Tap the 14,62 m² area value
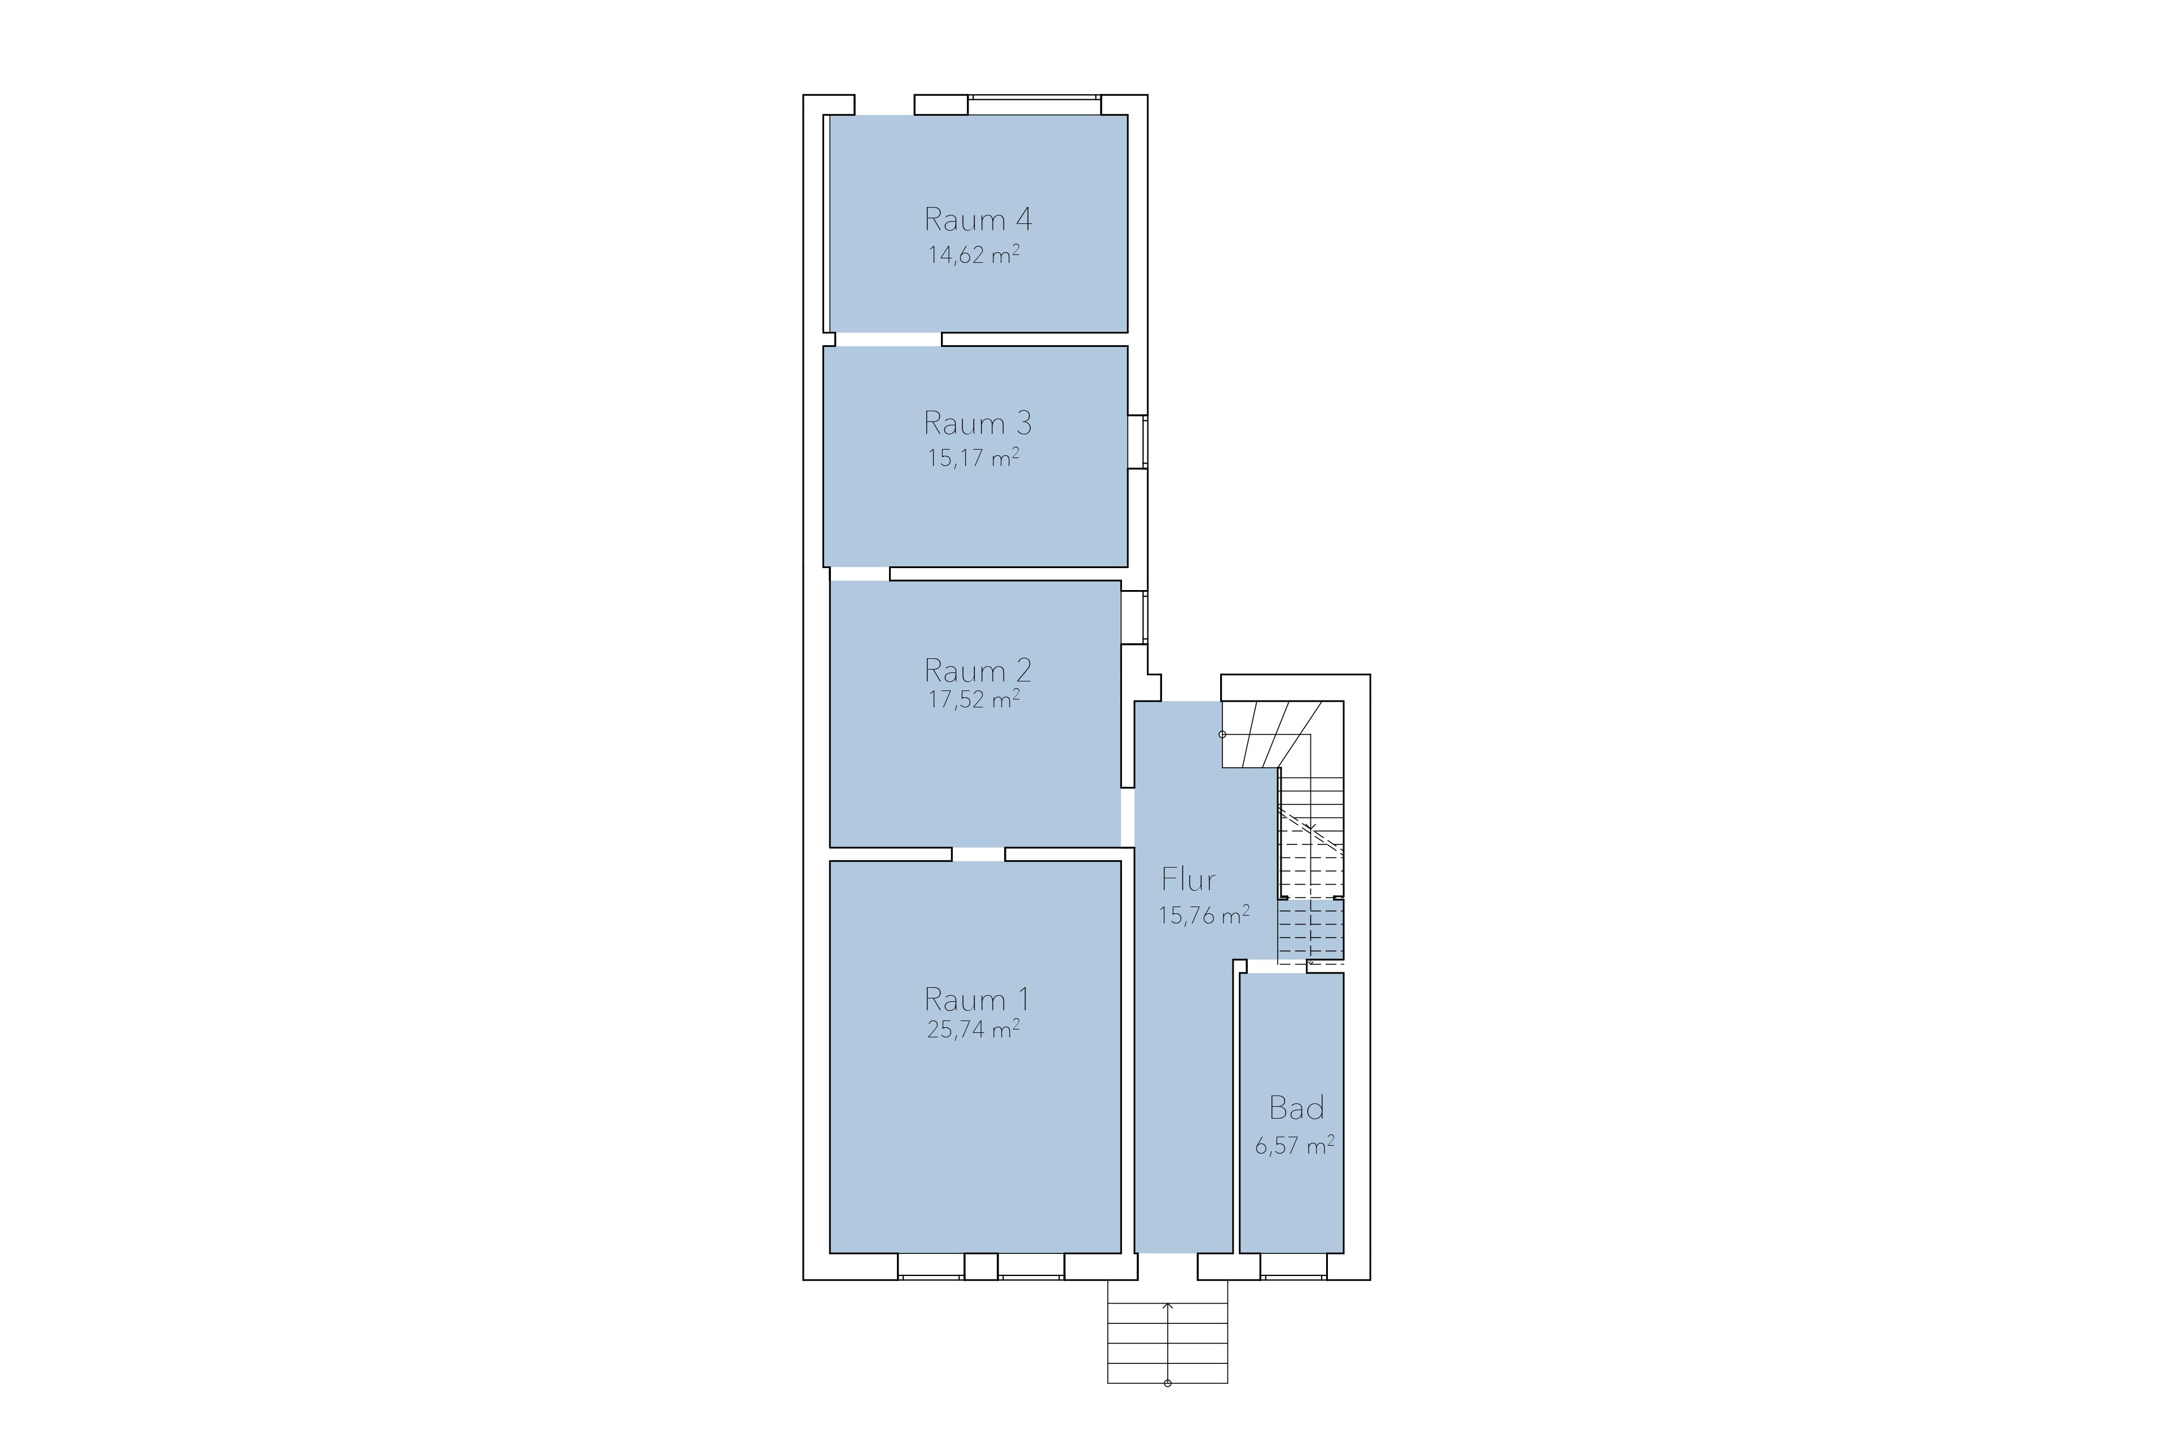[974, 254]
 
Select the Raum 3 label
[978, 423]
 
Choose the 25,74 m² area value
[974, 1029]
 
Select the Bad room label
[1296, 1107]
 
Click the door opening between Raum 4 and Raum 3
[888, 339]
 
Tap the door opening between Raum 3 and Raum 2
[859, 574]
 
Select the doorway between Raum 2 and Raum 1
[979, 855]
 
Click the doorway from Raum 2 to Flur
[1128, 817]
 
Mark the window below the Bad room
[1293, 1267]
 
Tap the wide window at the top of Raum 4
[1035, 104]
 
